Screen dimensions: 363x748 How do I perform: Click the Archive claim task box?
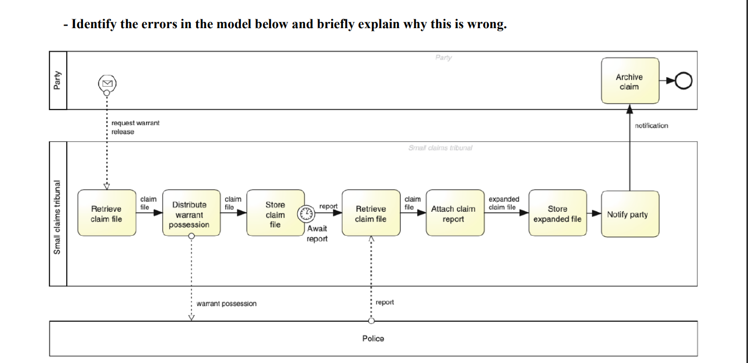point(630,81)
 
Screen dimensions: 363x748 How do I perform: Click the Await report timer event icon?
point(306,213)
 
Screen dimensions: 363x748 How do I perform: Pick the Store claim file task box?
point(275,214)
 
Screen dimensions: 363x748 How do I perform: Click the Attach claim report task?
point(453,214)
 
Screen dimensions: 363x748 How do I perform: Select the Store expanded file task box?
point(557,214)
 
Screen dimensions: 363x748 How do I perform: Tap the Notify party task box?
point(630,214)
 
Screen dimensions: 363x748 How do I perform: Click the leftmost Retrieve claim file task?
point(106,214)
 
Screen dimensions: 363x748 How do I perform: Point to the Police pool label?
point(373,338)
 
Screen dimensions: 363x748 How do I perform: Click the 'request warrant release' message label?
point(135,127)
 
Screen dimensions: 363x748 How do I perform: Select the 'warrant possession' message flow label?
point(226,304)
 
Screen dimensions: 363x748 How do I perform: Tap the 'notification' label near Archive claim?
point(651,126)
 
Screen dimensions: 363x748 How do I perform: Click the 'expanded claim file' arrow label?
point(503,203)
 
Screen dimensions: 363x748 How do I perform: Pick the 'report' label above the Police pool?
point(384,302)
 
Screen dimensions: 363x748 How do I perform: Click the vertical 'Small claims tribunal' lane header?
point(58,214)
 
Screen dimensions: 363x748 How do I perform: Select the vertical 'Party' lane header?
point(58,80)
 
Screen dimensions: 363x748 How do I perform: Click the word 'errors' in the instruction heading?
point(159,25)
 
